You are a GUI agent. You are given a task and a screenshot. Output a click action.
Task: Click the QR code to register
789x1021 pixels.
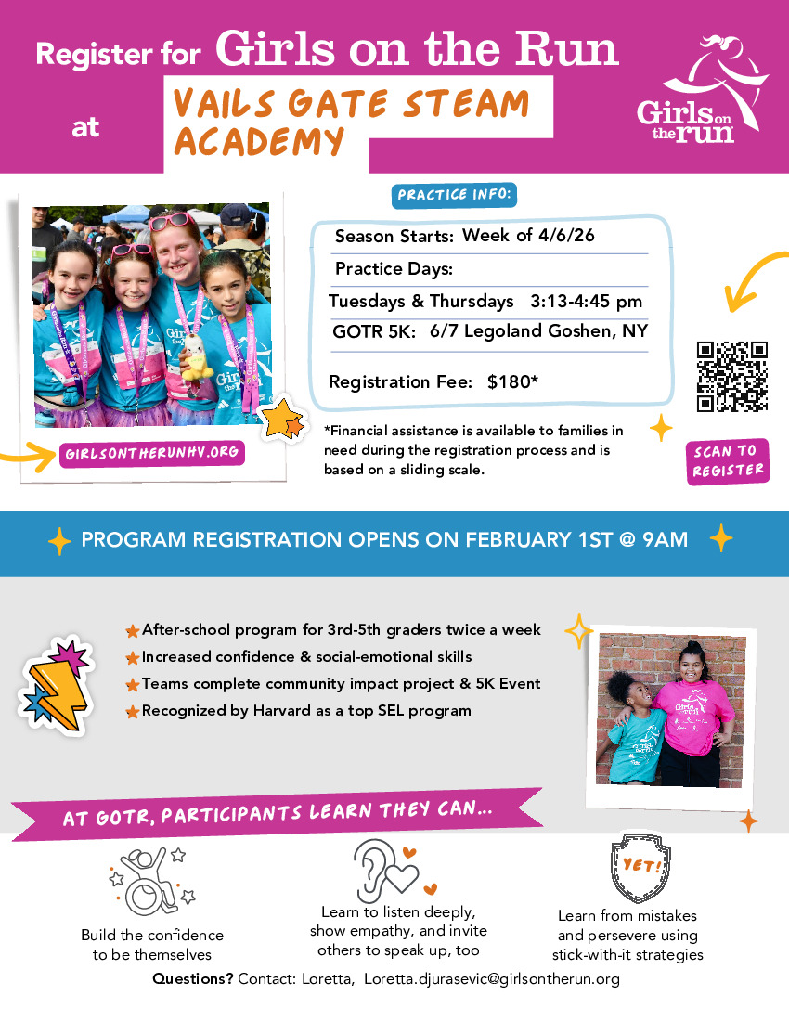point(732,377)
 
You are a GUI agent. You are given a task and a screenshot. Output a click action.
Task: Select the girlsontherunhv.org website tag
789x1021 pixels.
point(152,454)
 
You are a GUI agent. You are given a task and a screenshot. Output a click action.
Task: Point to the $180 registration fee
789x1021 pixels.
point(506,382)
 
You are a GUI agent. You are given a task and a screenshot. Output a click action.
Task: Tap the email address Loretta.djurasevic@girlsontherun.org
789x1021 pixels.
point(491,979)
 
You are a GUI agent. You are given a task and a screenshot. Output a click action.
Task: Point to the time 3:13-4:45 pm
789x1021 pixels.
point(586,302)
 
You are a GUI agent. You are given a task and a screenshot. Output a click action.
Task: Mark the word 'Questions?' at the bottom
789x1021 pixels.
point(192,979)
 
